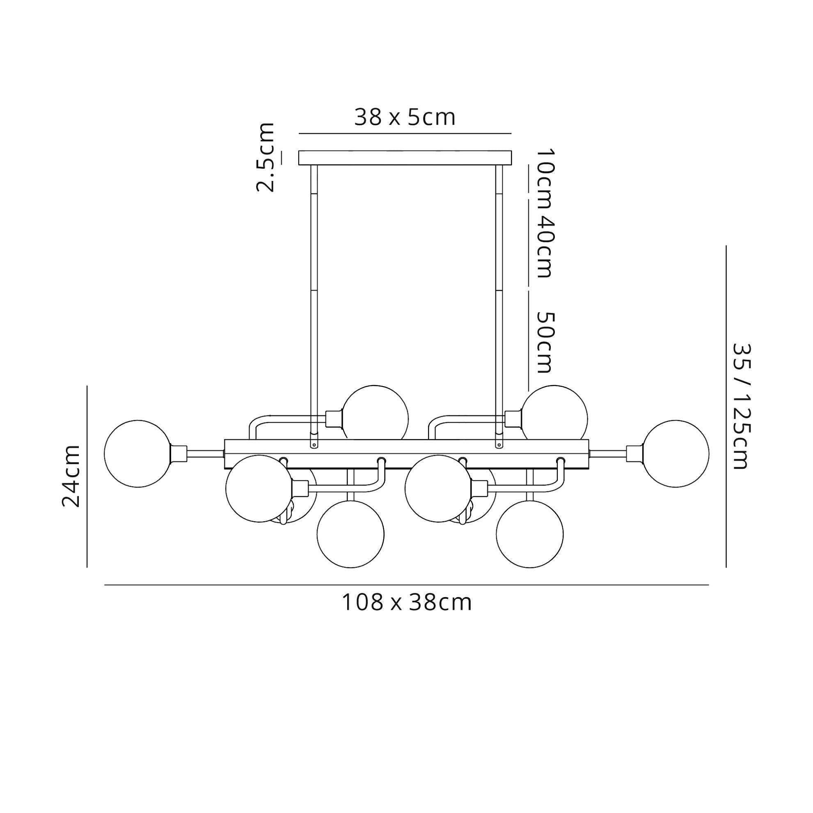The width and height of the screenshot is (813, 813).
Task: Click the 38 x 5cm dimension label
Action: pyautogui.click(x=405, y=117)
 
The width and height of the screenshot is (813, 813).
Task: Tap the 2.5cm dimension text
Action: pyautogui.click(x=266, y=157)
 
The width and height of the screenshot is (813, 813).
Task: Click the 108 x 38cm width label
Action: pyautogui.click(x=406, y=602)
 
